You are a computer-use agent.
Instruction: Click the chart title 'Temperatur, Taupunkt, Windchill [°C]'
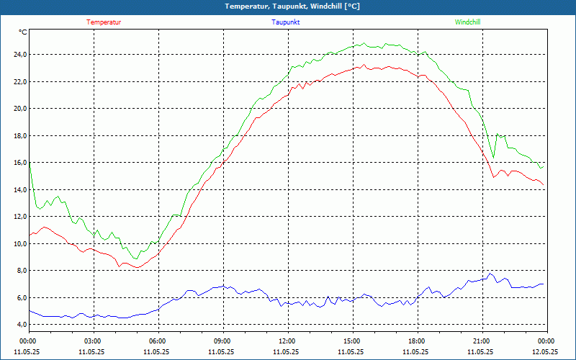coord(292,6)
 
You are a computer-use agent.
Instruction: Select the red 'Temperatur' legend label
coord(104,22)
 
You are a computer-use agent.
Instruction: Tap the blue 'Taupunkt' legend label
coord(286,22)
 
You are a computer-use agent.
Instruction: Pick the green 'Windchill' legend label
coord(467,22)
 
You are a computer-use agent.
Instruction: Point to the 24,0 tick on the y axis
coord(17,55)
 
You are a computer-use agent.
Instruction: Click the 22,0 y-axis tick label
coord(17,82)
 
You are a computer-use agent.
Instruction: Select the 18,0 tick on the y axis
coord(17,136)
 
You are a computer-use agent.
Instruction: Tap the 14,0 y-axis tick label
coord(17,190)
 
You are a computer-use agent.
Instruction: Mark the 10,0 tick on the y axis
coord(17,244)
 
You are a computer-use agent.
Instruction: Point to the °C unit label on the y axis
coord(23,32)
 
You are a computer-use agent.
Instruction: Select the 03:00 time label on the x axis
coord(93,341)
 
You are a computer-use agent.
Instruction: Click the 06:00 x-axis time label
coord(158,341)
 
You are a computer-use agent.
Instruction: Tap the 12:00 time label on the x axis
coord(287,341)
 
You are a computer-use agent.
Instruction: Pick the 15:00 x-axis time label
coord(352,341)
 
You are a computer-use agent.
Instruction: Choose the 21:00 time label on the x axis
coord(481,341)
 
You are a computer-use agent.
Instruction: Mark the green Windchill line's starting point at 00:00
coord(30,166)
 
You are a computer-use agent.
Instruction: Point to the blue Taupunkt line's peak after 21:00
coord(490,274)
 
